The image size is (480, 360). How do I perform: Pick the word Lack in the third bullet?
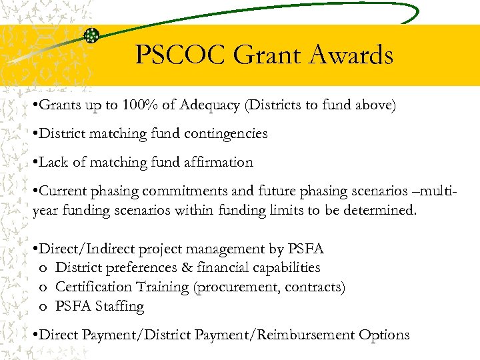54,162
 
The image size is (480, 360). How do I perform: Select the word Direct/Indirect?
87,249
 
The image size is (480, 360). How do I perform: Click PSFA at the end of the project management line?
306,249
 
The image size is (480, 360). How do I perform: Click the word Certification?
93,287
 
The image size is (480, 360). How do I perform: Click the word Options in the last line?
383,335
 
